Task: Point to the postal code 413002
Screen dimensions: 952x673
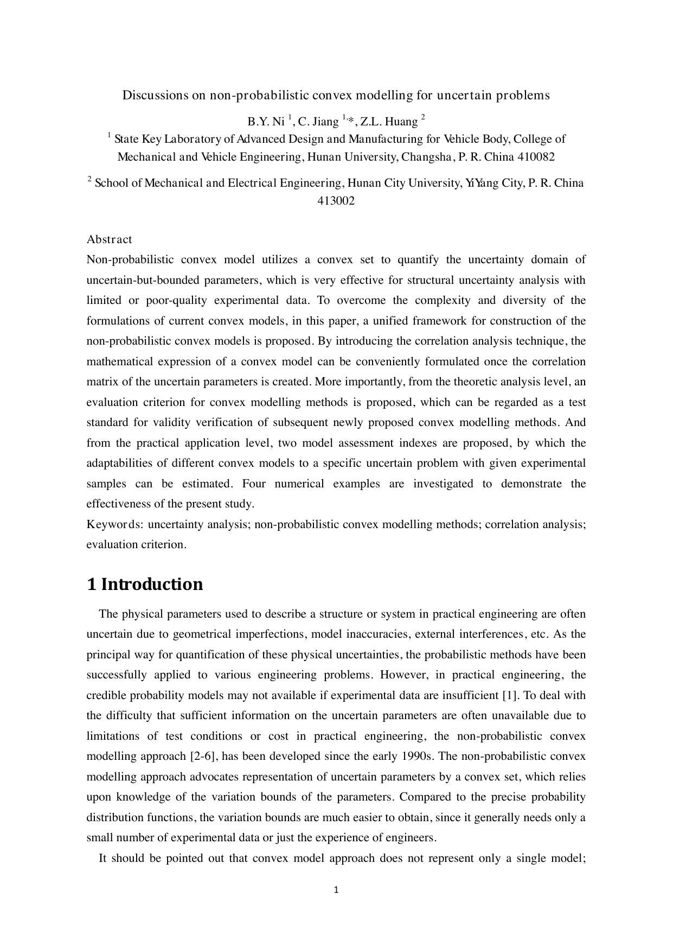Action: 336,201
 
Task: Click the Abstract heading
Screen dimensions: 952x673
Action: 109,239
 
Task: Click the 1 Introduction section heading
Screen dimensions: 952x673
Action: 145,585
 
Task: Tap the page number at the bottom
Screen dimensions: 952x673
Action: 336,890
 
